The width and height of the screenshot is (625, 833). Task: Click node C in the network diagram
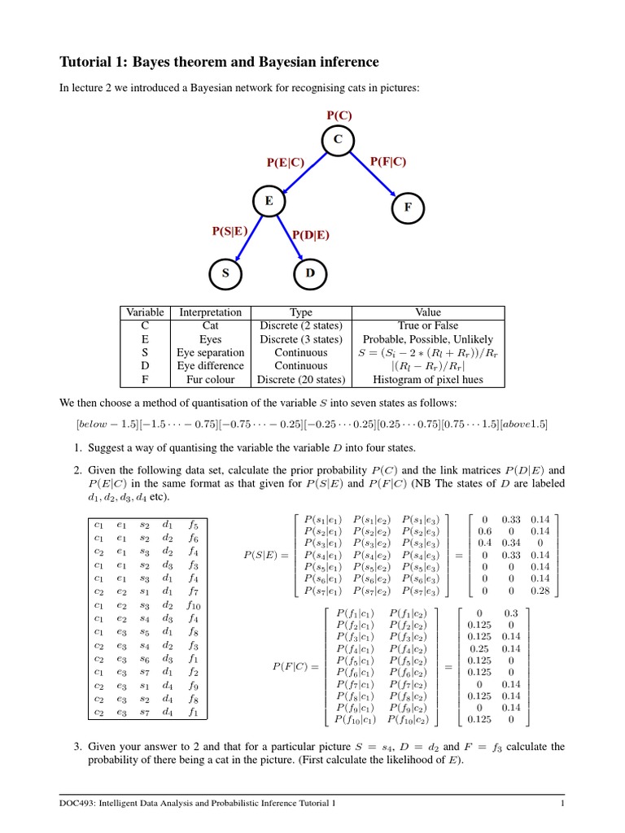click(337, 141)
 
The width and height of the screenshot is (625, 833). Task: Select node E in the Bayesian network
click(269, 200)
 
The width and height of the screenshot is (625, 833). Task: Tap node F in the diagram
click(408, 207)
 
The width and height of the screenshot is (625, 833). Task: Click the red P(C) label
click(338, 116)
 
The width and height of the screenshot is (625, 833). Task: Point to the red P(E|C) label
click(286, 164)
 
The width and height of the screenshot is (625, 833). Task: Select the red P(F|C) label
click(388, 162)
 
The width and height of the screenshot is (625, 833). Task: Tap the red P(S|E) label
click(229, 231)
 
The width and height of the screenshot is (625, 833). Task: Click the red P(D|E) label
click(312, 235)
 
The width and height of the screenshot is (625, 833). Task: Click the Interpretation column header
click(210, 312)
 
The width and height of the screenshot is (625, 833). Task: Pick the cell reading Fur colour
click(210, 379)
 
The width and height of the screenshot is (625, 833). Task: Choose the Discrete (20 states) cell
click(301, 379)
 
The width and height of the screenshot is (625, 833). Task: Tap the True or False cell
click(428, 325)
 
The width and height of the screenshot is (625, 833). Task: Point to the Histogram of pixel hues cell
click(428, 379)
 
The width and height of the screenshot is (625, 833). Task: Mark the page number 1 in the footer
click(562, 804)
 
